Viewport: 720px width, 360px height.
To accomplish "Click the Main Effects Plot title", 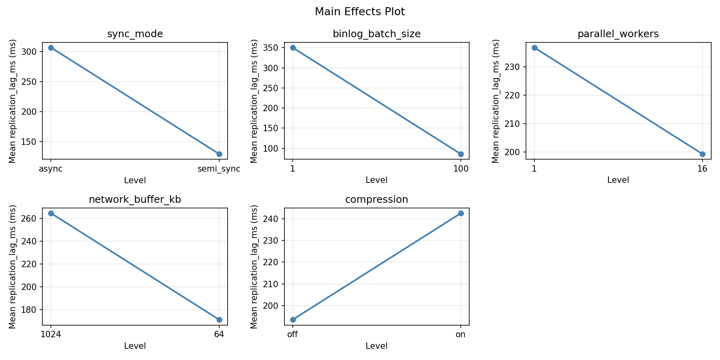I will (360, 12).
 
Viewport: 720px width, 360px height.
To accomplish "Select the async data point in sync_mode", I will (51, 48).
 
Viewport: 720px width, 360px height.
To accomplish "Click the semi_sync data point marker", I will (219, 154).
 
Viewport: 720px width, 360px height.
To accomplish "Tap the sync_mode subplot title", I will (135, 34).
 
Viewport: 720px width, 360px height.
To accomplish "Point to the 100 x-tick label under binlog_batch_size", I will (461, 169).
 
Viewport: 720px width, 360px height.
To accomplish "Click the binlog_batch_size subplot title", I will (376, 34).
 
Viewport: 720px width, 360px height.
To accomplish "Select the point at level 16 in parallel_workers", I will (702, 154).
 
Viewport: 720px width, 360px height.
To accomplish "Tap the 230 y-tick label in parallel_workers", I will (514, 67).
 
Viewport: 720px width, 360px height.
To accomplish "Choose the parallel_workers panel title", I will (618, 34).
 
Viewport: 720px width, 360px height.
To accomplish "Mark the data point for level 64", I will (219, 320).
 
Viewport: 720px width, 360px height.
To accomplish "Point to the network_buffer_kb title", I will (135, 200).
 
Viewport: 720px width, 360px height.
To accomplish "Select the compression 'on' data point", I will (461, 213).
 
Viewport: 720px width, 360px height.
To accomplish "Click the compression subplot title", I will (376, 200).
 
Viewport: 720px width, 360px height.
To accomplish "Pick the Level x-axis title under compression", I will (376, 346).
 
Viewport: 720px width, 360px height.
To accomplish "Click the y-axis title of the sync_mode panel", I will (12, 101).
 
